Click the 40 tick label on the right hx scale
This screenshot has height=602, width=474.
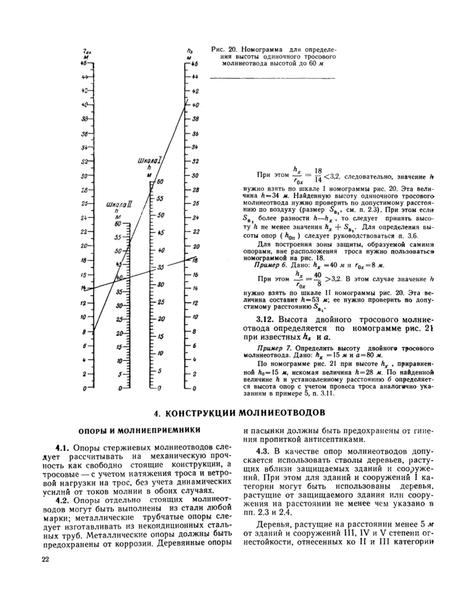196,105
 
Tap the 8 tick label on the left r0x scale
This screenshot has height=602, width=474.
83,332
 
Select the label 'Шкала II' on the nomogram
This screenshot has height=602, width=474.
119,204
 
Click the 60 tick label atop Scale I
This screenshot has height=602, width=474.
161,182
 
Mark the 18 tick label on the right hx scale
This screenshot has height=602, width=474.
196,260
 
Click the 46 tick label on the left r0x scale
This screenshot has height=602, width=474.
85,63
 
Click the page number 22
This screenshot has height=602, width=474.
45,559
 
